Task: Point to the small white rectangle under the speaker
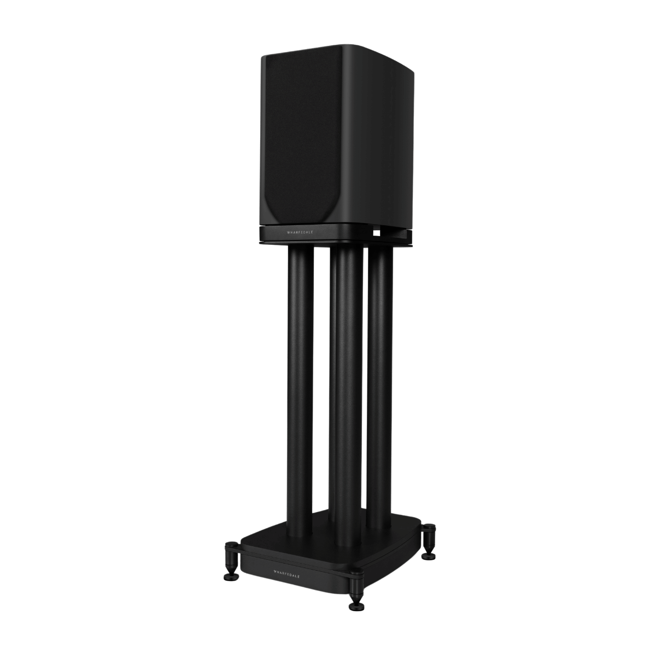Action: coord(376,232)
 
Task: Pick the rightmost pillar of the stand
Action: coord(379,383)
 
